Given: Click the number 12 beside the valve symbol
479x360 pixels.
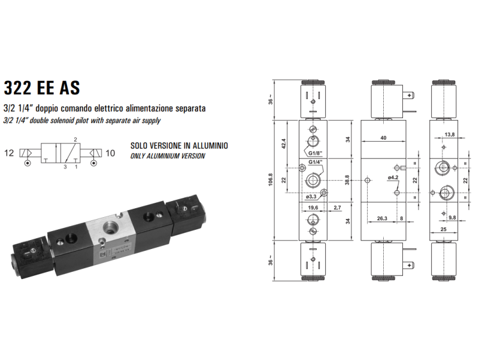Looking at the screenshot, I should tap(9, 153).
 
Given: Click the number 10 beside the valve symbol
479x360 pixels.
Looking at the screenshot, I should tap(110, 153).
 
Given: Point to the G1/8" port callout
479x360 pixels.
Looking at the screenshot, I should tap(315, 153).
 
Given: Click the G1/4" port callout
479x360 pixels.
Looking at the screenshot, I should tap(315, 168).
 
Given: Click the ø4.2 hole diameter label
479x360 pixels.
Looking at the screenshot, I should tap(393, 177).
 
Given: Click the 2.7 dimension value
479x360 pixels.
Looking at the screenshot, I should tap(338, 208).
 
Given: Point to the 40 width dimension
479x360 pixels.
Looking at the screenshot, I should tap(384, 139).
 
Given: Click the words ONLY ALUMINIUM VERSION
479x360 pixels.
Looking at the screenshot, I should tap(168, 156).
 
